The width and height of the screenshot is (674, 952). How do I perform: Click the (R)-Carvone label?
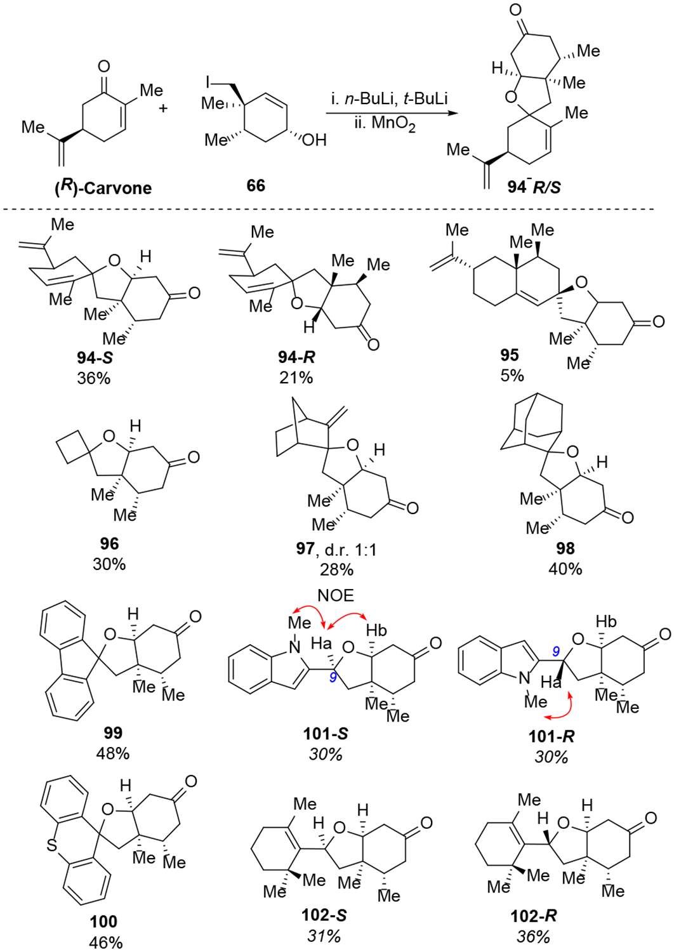[103, 188]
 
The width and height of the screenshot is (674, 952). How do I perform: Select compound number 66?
[256, 185]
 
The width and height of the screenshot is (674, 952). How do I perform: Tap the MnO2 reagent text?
[385, 122]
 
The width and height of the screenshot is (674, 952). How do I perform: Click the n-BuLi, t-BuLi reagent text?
[389, 98]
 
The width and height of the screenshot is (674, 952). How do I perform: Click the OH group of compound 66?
[314, 140]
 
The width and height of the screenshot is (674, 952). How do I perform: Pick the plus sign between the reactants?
[163, 108]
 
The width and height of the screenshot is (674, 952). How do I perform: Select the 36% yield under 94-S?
[94, 378]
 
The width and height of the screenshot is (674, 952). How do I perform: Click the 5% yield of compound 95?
[512, 375]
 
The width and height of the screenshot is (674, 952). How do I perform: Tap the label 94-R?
[296, 357]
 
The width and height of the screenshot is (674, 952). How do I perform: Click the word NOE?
[336, 595]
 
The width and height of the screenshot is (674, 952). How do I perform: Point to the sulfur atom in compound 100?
[51, 845]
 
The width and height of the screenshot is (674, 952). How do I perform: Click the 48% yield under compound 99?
[112, 753]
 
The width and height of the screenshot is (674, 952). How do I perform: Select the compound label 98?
[565, 548]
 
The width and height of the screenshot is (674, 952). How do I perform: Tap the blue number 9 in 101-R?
[556, 651]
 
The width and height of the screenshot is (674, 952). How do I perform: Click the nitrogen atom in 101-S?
[294, 647]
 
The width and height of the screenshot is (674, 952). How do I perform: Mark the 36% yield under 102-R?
[533, 937]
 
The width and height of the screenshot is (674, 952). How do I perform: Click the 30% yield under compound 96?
[109, 564]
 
